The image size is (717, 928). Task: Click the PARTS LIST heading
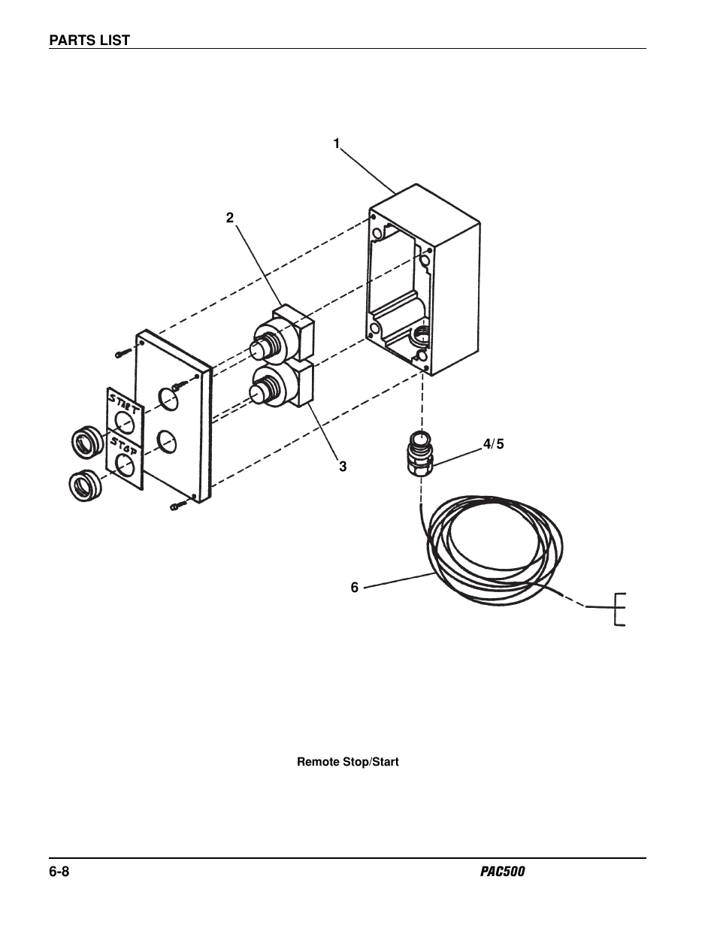(x=89, y=40)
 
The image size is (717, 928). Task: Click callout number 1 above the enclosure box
(x=337, y=144)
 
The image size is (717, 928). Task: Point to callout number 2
(x=230, y=218)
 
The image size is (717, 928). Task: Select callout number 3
(x=343, y=467)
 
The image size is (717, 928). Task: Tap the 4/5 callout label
(x=494, y=444)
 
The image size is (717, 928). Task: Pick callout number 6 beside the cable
(x=355, y=588)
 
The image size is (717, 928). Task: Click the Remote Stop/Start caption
(x=348, y=762)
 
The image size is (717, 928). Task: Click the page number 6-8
(x=59, y=871)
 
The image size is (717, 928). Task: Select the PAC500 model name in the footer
(x=502, y=871)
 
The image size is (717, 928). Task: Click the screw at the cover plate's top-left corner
(x=123, y=352)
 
